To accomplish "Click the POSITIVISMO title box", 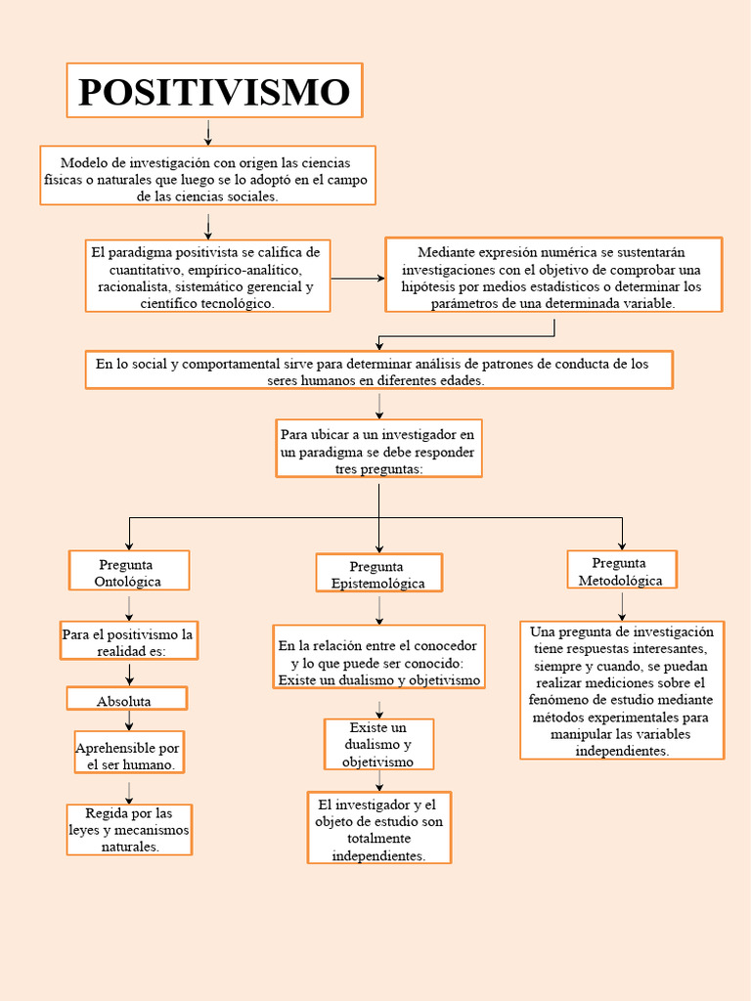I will point(214,91).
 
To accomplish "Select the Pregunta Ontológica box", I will point(129,571).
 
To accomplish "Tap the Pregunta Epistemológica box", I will point(378,574).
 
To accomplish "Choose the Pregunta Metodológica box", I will point(621,570).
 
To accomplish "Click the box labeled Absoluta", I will point(125,699).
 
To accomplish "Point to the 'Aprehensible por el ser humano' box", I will point(128,753).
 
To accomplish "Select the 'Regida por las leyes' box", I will point(129,829).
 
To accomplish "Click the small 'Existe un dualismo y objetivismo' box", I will point(378,744).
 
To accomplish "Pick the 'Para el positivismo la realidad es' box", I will point(129,641).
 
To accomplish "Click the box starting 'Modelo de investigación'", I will point(207,176).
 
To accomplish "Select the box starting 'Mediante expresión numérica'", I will point(553,275).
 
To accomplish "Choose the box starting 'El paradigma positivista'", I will point(207,277).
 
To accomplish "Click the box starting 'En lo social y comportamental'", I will point(378,370).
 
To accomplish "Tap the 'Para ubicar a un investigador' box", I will point(378,449).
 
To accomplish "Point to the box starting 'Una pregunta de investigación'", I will point(622,690).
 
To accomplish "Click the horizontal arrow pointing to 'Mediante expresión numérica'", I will point(358,279).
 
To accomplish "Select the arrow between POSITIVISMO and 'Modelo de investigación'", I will point(208,132).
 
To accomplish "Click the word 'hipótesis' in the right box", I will point(426,286).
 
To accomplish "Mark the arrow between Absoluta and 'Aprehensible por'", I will point(129,720).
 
